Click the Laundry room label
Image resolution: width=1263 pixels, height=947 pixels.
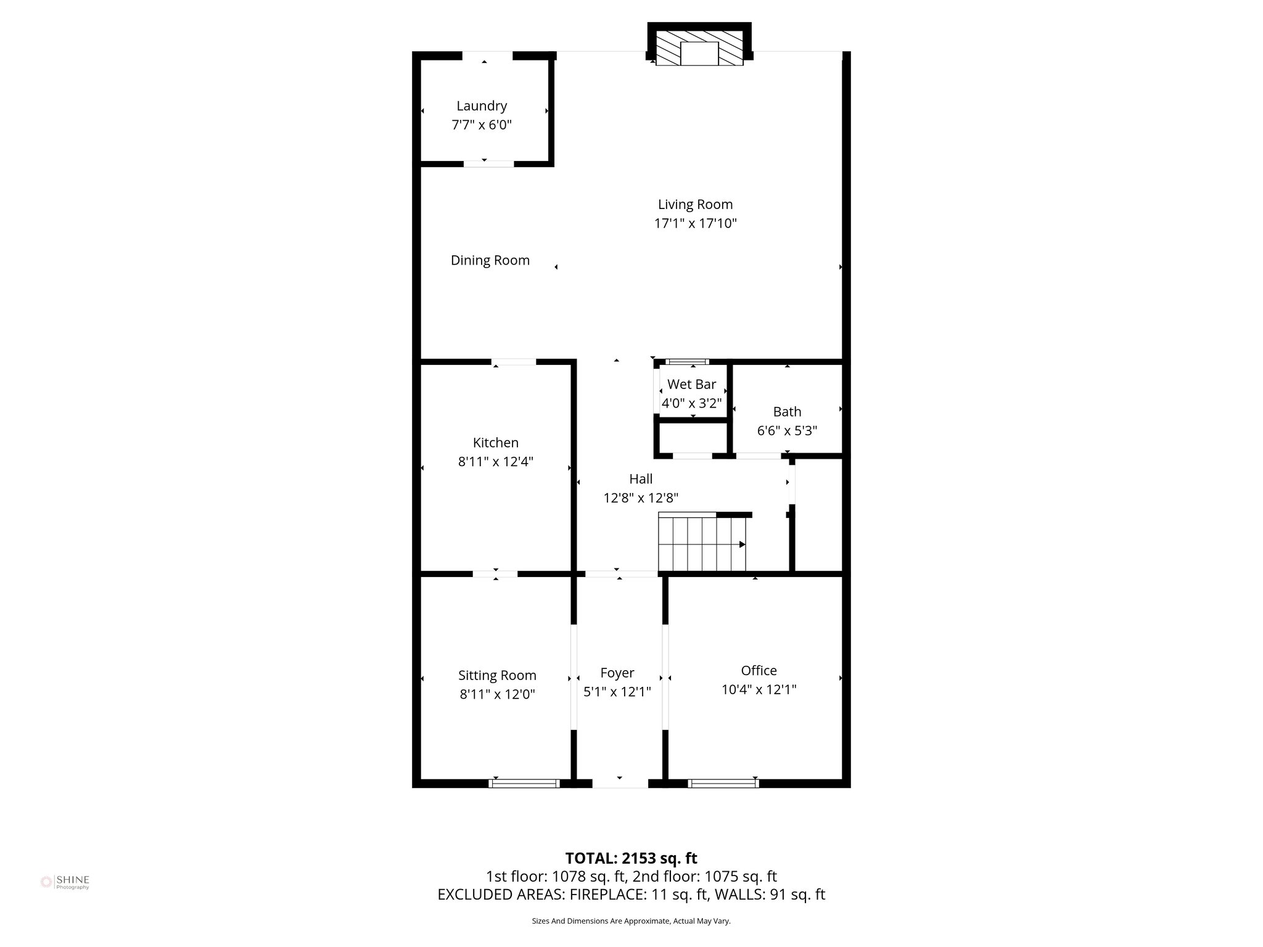coord(482,106)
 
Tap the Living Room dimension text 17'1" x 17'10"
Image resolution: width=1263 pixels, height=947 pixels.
coord(695,223)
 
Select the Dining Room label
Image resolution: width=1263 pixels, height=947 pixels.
coord(490,260)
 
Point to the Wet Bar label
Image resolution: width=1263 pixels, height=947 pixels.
coord(691,384)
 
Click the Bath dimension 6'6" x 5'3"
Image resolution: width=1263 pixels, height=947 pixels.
coord(787,430)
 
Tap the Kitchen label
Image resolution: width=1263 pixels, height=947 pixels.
coord(495,442)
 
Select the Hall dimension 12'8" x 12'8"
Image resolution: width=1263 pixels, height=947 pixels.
coord(641,498)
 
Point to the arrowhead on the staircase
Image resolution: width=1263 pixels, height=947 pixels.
coord(743,544)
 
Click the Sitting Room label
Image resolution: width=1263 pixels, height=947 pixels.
coord(497,675)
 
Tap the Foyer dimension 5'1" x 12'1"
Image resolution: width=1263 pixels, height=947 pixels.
coord(617,692)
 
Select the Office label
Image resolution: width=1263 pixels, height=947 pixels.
coord(759,670)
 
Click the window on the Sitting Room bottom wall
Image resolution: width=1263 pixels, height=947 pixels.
coord(524,783)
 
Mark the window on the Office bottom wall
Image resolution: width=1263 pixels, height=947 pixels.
coord(723,783)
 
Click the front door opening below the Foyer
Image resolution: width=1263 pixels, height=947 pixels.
coord(620,783)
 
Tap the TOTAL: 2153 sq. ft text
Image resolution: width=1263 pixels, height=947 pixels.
coord(631,858)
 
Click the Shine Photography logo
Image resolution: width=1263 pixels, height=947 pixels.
coord(65,882)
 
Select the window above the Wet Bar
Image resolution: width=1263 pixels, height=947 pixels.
coord(686,362)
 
